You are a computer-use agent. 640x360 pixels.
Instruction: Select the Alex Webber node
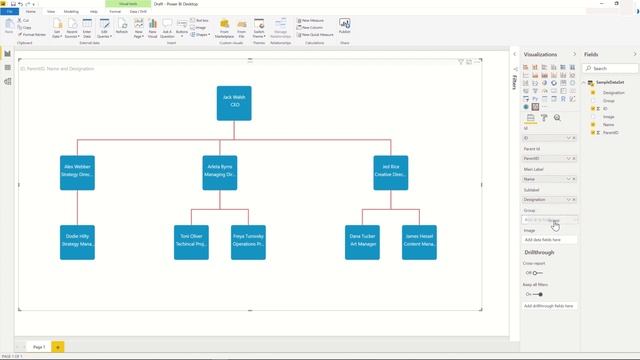point(77,172)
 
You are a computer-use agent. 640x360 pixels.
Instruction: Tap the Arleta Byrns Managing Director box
point(220,172)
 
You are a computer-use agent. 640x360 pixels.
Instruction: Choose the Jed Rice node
point(390,172)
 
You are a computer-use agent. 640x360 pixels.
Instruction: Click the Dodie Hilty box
point(77,241)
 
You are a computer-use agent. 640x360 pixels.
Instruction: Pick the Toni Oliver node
point(191,241)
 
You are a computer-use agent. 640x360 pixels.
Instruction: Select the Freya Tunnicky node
point(248,241)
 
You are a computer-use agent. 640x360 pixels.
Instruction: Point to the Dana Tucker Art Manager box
point(362,241)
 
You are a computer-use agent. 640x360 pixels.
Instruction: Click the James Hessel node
point(419,241)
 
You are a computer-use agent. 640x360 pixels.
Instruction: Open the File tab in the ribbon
point(9,11)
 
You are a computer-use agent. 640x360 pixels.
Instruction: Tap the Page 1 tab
point(39,346)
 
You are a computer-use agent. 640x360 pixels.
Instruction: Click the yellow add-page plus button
point(58,346)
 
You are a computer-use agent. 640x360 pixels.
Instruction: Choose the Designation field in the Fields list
point(614,92)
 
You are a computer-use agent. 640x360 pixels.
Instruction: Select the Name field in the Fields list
point(609,124)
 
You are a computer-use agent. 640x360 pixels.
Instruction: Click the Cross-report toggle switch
point(536,273)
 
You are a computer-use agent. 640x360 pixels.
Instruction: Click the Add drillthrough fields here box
point(549,306)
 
